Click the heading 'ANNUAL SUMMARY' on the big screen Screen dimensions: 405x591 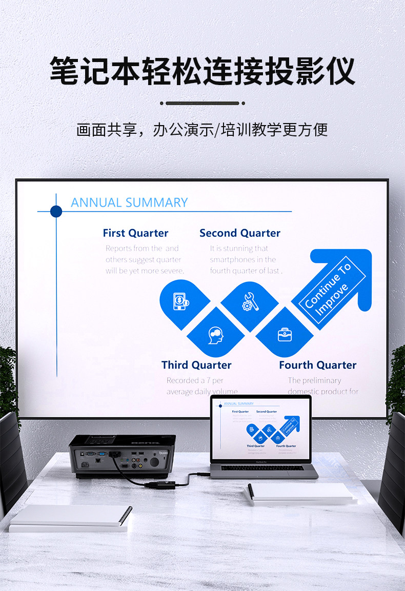coord(129,202)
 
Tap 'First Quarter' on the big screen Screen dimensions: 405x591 coord(135,233)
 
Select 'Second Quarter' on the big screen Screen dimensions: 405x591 coord(240,233)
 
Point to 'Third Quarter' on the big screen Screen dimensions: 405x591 coord(196,365)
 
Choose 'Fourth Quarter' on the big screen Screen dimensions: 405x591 coord(317,365)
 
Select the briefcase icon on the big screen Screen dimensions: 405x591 coord(285,334)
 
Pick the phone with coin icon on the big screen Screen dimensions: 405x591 coord(180,301)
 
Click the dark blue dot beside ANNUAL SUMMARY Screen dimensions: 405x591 coord(56,211)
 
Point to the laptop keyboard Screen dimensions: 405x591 coord(262,467)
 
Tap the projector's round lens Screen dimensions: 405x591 coord(154,461)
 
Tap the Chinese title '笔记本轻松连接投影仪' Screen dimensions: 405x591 coord(202,71)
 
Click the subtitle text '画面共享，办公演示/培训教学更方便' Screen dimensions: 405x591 coord(202,130)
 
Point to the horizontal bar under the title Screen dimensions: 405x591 coord(202,103)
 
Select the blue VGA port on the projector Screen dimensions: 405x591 coord(102,454)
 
